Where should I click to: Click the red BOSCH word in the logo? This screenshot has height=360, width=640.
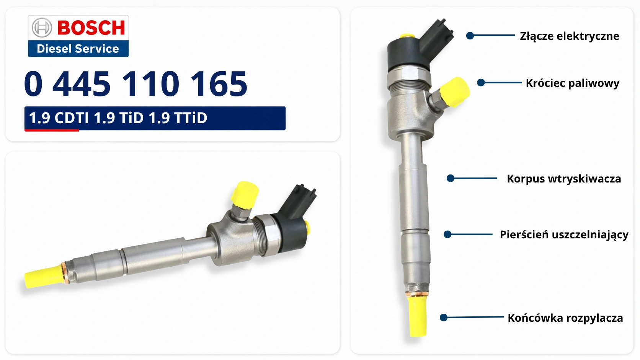[91, 28]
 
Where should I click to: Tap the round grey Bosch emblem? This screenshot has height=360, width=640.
[42, 28]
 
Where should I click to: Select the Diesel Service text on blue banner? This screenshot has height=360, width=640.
[78, 49]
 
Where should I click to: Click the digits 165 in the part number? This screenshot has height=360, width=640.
[219, 84]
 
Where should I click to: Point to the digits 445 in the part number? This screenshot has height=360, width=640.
[82, 84]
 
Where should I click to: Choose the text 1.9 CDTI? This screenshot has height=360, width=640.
[59, 118]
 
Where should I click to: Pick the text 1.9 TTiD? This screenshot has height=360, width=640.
[178, 118]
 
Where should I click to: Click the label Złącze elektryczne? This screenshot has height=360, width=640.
[570, 36]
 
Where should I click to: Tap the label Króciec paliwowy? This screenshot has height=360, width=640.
[573, 83]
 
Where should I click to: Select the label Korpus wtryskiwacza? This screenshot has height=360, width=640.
[564, 179]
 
